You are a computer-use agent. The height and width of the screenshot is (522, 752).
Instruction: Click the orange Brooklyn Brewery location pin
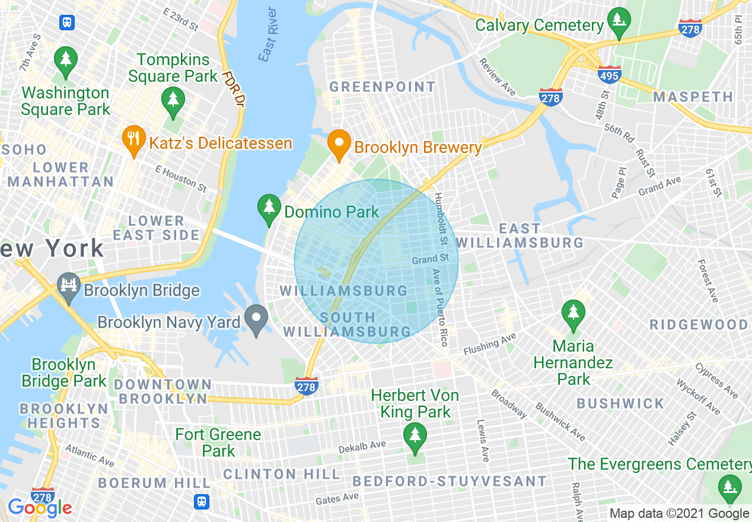tap(339, 144)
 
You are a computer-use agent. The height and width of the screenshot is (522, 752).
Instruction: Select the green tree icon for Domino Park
tap(269, 209)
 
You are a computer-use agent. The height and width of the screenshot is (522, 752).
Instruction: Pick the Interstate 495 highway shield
tap(609, 74)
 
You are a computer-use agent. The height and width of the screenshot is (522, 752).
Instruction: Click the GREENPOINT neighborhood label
tap(383, 87)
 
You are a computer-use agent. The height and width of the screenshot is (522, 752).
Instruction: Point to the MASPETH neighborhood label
tap(693, 96)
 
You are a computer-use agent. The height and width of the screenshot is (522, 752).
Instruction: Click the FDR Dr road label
tap(234, 89)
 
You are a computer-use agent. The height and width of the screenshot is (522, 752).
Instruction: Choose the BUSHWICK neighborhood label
tap(620, 403)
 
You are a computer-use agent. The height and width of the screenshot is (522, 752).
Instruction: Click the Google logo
tap(40, 508)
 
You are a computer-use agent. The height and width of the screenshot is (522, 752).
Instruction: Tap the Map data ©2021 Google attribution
tap(680, 514)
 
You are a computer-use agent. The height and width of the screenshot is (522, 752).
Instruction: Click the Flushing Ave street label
tap(490, 343)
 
